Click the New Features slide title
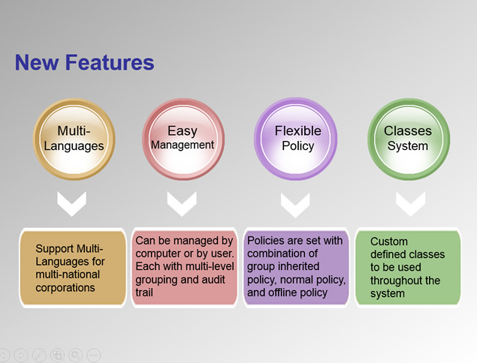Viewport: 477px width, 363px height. tap(85, 62)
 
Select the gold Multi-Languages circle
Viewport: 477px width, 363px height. tap(74, 139)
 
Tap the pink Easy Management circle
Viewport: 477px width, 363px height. tap(183, 139)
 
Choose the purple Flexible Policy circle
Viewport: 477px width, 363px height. tap(296, 139)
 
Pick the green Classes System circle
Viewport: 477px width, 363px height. tap(409, 139)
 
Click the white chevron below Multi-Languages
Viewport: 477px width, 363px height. tap(72, 204)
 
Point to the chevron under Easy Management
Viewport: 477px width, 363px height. tap(182, 204)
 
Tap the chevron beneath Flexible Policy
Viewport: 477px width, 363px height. tap(295, 205)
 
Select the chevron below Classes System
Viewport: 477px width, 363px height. tap(411, 204)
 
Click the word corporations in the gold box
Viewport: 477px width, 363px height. tap(65, 288)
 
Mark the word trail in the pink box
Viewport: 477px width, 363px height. tap(144, 292)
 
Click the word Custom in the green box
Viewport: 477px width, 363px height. tap(389, 241)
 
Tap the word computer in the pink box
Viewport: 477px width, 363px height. tap(158, 253)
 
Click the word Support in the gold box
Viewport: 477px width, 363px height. tap(55, 249)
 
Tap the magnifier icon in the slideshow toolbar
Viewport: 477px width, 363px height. tap(75, 355)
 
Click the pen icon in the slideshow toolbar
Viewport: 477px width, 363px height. tap(39, 355)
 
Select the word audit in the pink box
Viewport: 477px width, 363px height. tap(216, 280)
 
